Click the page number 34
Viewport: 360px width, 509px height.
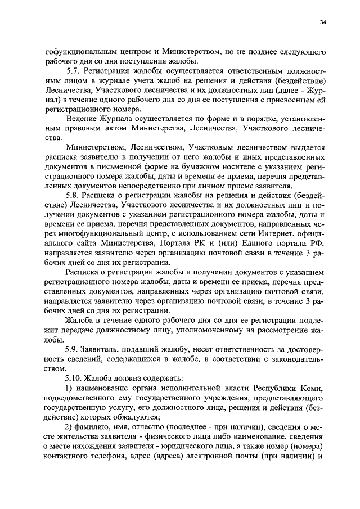[322, 22]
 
